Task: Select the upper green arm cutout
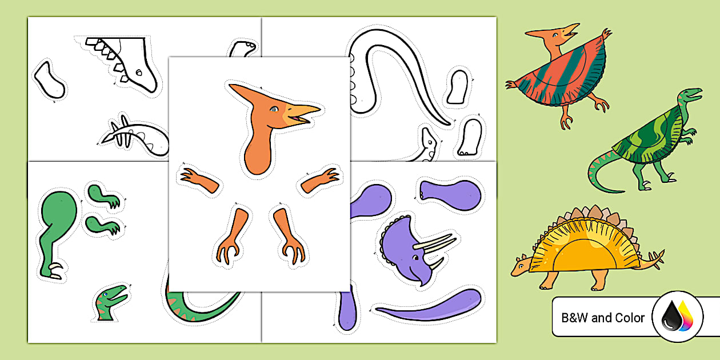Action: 103,194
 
